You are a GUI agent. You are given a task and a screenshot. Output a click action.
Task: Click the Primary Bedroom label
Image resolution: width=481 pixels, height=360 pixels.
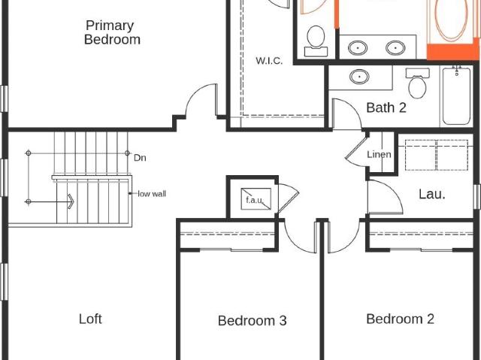pyautogui.click(x=112, y=32)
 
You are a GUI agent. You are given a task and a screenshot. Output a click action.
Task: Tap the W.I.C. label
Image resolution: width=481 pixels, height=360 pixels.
pyautogui.click(x=269, y=61)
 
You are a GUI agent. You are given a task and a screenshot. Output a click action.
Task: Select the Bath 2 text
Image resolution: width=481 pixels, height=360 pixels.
pyautogui.click(x=386, y=107)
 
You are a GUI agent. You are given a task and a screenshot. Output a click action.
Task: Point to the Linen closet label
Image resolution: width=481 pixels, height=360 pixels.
pyautogui.click(x=379, y=154)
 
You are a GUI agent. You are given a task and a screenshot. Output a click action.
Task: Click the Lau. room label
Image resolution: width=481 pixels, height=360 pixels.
pyautogui.click(x=432, y=194)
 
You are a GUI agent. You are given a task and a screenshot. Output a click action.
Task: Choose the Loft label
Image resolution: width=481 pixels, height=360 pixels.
pyautogui.click(x=90, y=319)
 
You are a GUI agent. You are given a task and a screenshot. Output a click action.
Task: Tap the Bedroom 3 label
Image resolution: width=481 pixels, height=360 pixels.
pyautogui.click(x=253, y=321)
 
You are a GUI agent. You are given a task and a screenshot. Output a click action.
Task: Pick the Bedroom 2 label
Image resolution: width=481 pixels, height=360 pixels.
pyautogui.click(x=400, y=319)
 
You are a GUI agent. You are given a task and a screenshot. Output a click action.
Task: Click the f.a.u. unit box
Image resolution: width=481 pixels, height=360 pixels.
pyautogui.click(x=256, y=199)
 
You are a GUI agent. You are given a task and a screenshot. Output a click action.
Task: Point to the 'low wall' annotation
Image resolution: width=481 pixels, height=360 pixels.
pyautogui.click(x=152, y=194)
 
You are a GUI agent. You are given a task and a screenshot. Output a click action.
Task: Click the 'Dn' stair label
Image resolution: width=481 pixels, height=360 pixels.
pyautogui.click(x=140, y=158)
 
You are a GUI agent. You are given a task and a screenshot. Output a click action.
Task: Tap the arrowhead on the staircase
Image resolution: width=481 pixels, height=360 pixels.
pyautogui.click(x=71, y=201)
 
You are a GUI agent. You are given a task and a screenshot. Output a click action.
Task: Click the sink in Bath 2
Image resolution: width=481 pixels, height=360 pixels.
pyautogui.click(x=359, y=77)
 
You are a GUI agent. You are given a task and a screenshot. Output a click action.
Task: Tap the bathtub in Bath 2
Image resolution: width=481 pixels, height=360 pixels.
pyautogui.click(x=456, y=96)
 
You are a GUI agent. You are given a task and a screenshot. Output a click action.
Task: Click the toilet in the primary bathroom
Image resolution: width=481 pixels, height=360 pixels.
pyautogui.click(x=316, y=41)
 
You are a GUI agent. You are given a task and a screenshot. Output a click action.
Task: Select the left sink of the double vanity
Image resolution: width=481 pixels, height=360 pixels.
pyautogui.click(x=358, y=48)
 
